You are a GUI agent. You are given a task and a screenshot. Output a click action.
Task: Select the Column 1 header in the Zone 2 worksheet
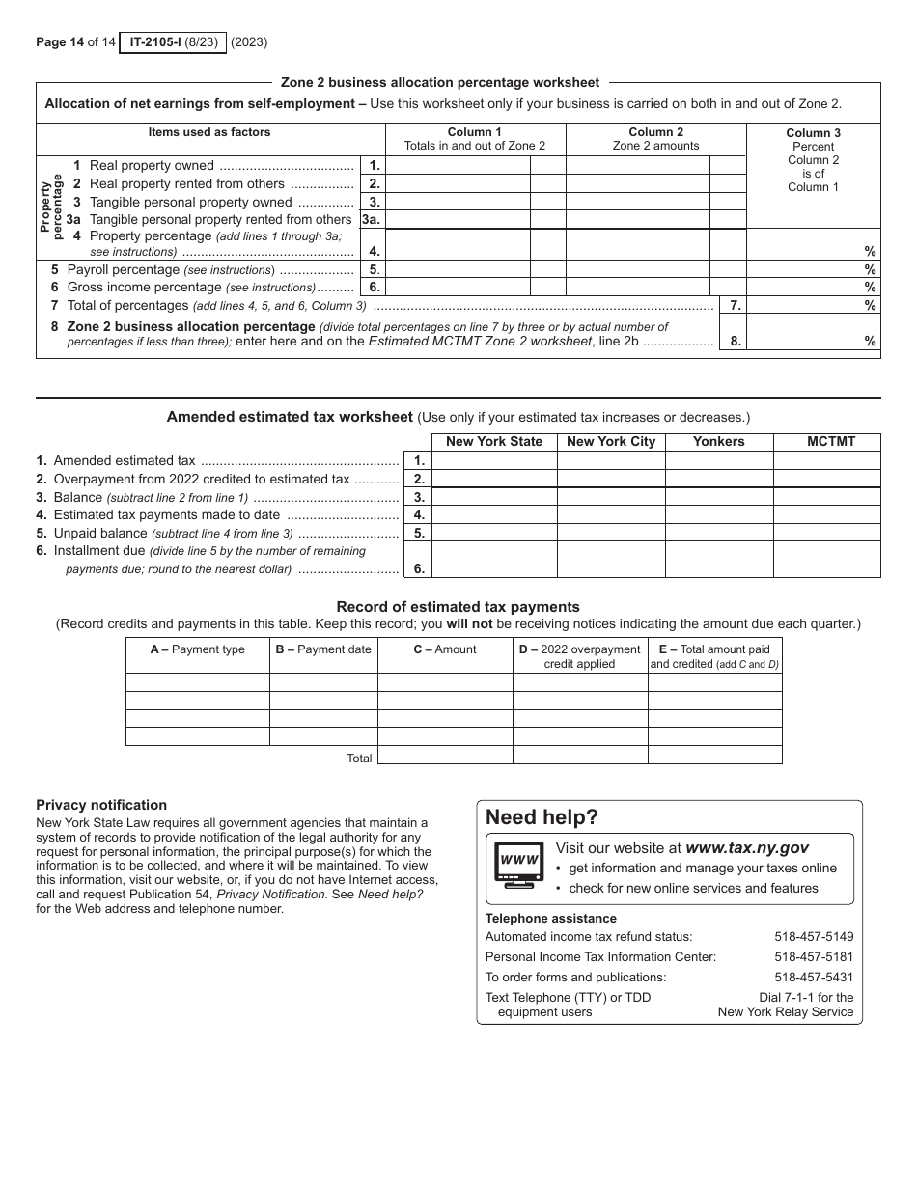(x=475, y=132)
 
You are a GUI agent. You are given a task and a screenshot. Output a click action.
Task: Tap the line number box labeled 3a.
(x=372, y=219)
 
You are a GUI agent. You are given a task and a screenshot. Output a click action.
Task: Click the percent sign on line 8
(x=870, y=341)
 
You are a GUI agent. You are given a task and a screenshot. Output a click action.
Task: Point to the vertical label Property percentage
(x=51, y=203)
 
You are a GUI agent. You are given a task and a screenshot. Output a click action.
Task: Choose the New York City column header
(x=611, y=442)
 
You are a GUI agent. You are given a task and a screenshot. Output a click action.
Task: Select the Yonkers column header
(x=719, y=442)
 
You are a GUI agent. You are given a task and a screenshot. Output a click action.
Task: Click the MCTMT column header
(x=831, y=442)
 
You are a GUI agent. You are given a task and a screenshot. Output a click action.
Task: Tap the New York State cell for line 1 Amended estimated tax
(x=494, y=461)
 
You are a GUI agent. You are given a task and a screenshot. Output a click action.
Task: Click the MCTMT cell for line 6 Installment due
(x=827, y=560)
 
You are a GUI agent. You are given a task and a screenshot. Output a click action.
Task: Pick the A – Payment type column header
(x=198, y=649)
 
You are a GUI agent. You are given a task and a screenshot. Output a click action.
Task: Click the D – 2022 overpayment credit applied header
(x=579, y=656)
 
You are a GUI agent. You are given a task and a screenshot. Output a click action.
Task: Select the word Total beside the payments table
(x=359, y=759)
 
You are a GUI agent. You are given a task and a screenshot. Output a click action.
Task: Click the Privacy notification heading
(x=101, y=805)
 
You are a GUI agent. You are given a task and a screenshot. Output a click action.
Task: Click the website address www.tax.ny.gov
(x=747, y=847)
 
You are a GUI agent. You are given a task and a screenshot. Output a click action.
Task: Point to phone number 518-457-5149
(x=814, y=936)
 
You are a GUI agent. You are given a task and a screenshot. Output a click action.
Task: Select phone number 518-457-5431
(x=814, y=977)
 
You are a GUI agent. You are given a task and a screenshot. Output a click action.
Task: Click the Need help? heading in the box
(x=542, y=817)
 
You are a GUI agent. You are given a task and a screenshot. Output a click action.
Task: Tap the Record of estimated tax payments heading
(x=458, y=607)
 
